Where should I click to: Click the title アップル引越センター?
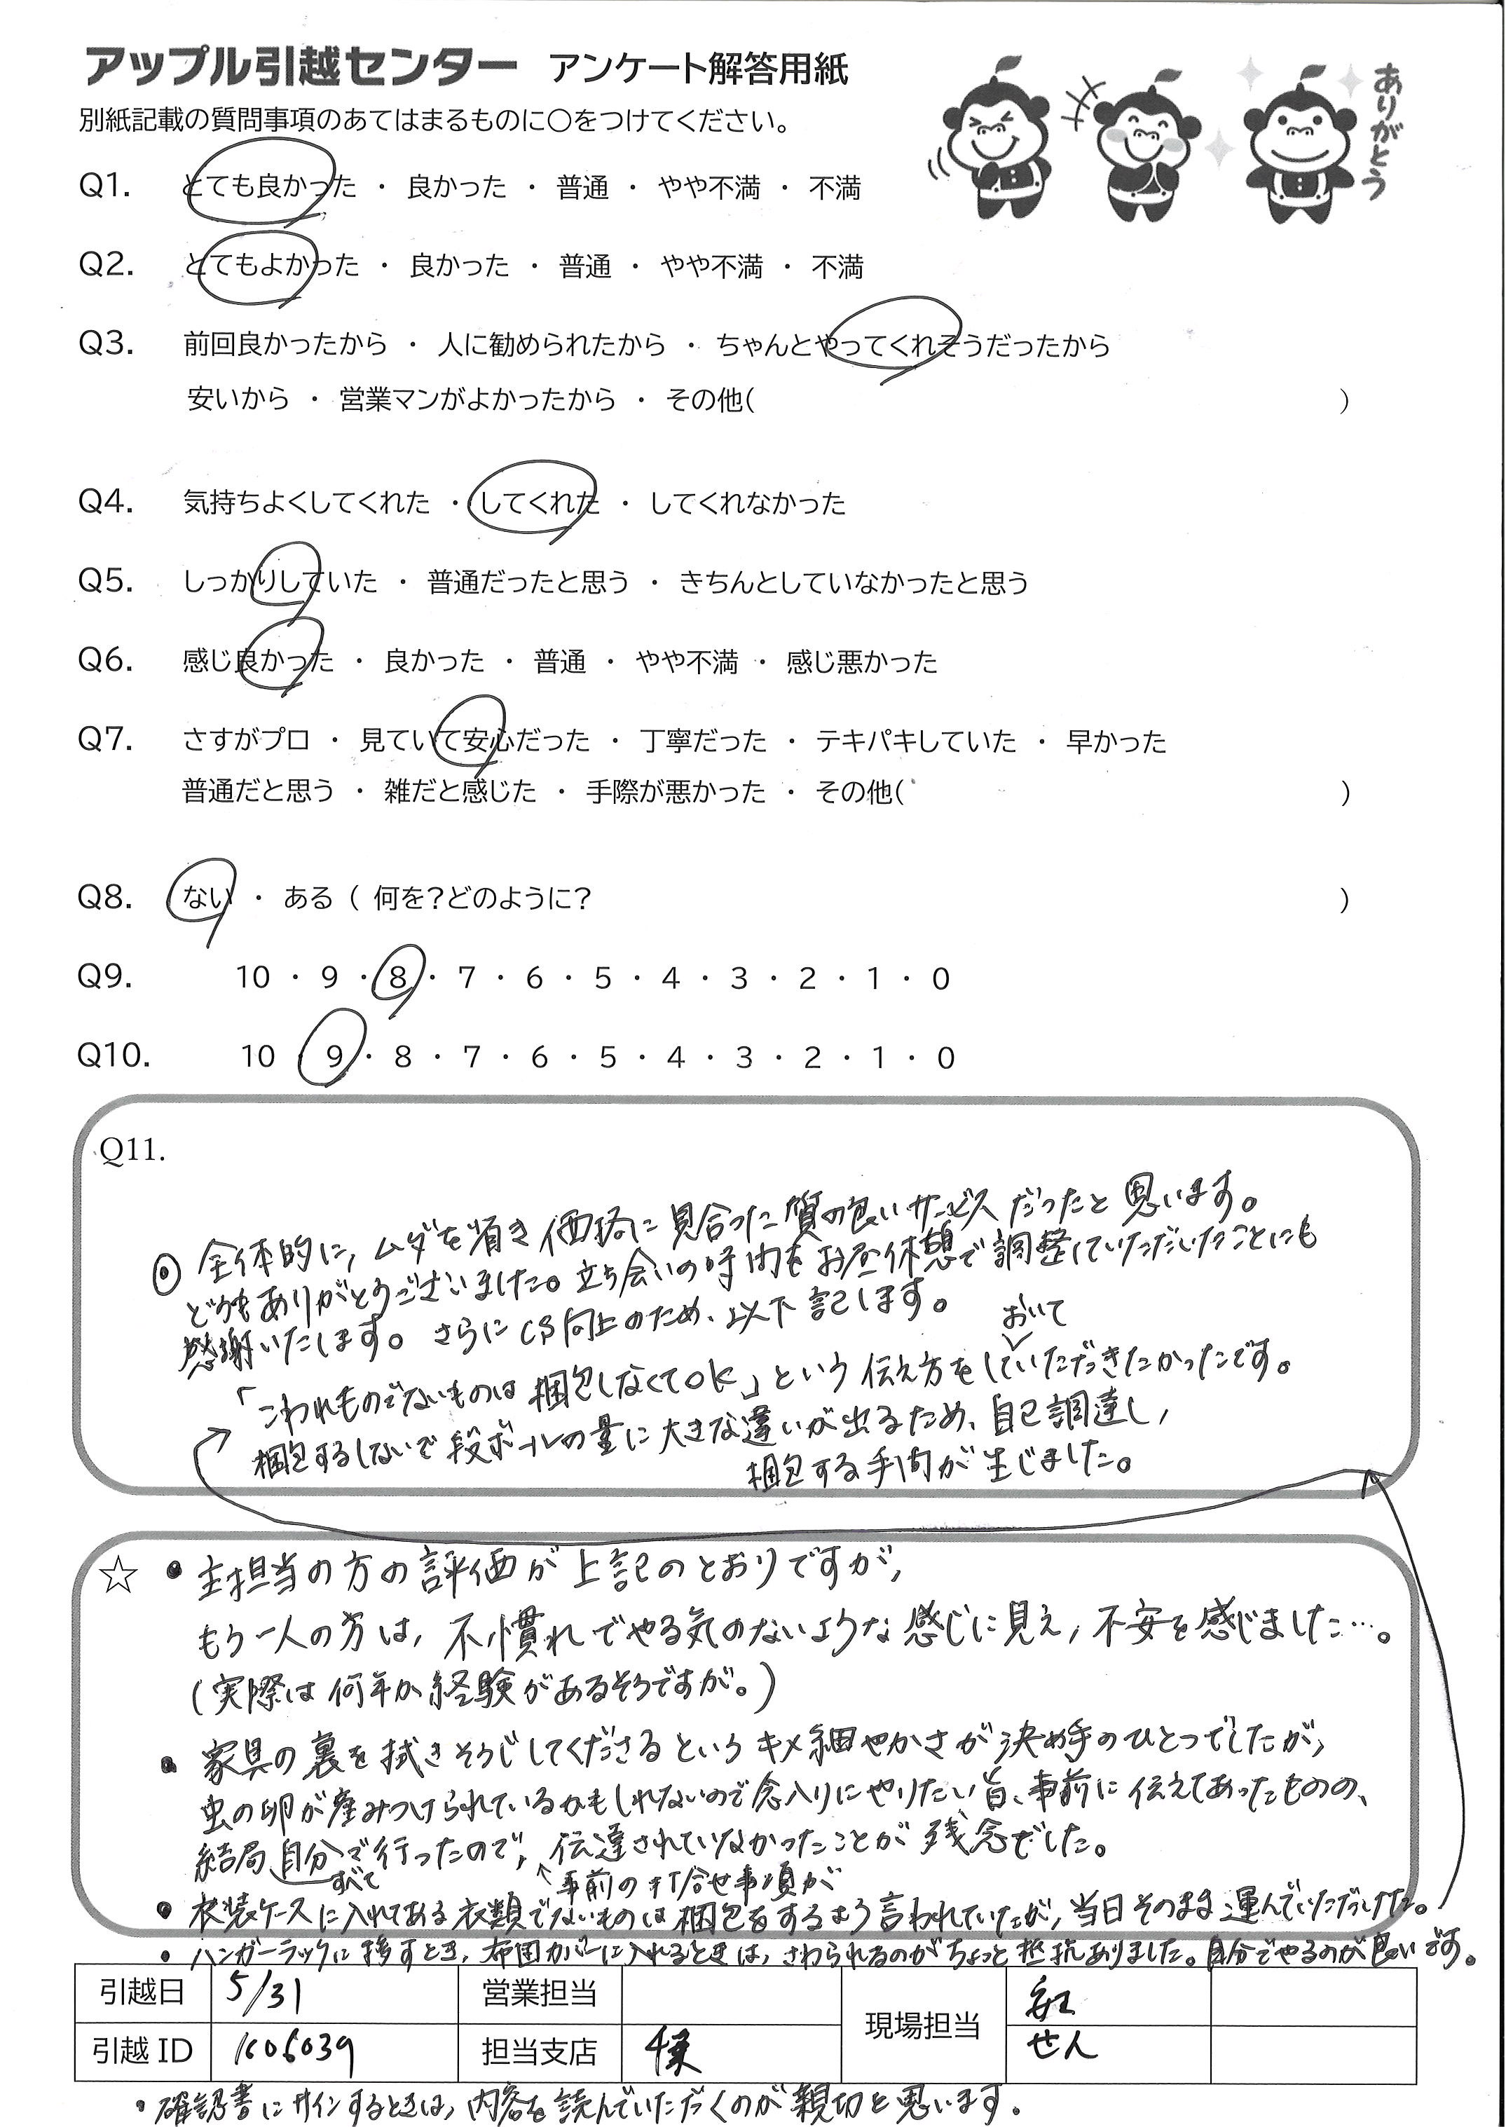(301, 69)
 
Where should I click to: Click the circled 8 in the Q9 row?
(398, 978)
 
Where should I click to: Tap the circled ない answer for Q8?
(200, 898)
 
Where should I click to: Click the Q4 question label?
(107, 502)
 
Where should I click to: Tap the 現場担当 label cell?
(923, 2024)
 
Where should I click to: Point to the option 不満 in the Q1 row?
(835, 189)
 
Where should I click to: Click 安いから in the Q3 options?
(238, 399)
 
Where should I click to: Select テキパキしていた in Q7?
(915, 741)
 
